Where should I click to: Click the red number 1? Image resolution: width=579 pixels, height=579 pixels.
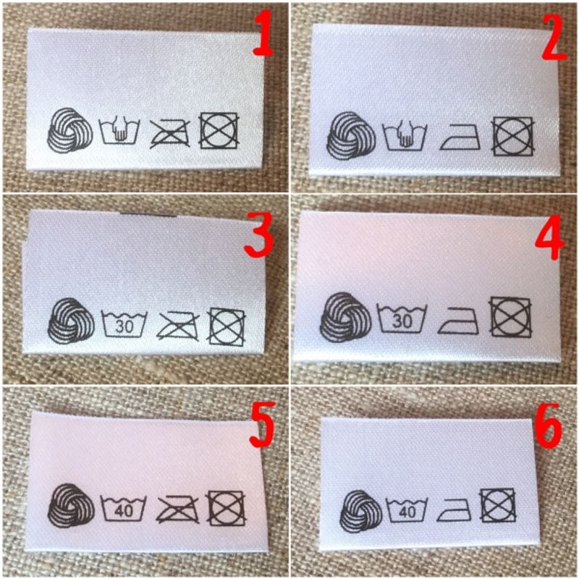click(x=263, y=34)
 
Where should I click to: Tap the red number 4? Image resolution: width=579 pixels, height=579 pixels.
click(x=550, y=237)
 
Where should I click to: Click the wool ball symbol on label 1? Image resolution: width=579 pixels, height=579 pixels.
click(x=69, y=130)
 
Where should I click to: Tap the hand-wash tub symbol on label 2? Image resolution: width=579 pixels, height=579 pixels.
click(x=405, y=137)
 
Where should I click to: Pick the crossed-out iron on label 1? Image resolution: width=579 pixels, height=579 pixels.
click(x=170, y=133)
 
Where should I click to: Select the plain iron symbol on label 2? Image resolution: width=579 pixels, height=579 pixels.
click(x=460, y=137)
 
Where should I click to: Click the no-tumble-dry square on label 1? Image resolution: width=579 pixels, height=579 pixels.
click(x=219, y=131)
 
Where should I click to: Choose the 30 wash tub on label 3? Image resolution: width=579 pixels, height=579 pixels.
click(x=124, y=324)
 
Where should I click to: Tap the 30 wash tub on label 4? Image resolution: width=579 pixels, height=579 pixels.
click(x=402, y=318)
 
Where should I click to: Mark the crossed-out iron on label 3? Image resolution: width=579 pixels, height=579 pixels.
click(x=177, y=326)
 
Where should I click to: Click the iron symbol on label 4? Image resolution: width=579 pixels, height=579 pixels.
click(x=458, y=321)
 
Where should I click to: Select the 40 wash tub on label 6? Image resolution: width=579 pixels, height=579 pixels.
click(x=407, y=510)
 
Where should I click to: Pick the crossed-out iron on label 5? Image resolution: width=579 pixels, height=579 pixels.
click(x=177, y=510)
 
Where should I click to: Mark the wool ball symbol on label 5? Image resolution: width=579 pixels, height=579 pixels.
click(x=71, y=505)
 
